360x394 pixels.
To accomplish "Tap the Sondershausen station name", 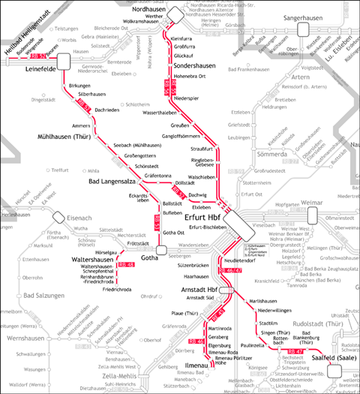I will (193, 65).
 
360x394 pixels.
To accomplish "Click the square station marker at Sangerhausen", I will (303, 29).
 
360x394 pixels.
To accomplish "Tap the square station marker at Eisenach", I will (49, 218).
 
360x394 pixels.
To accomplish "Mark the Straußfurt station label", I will (196, 149).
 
